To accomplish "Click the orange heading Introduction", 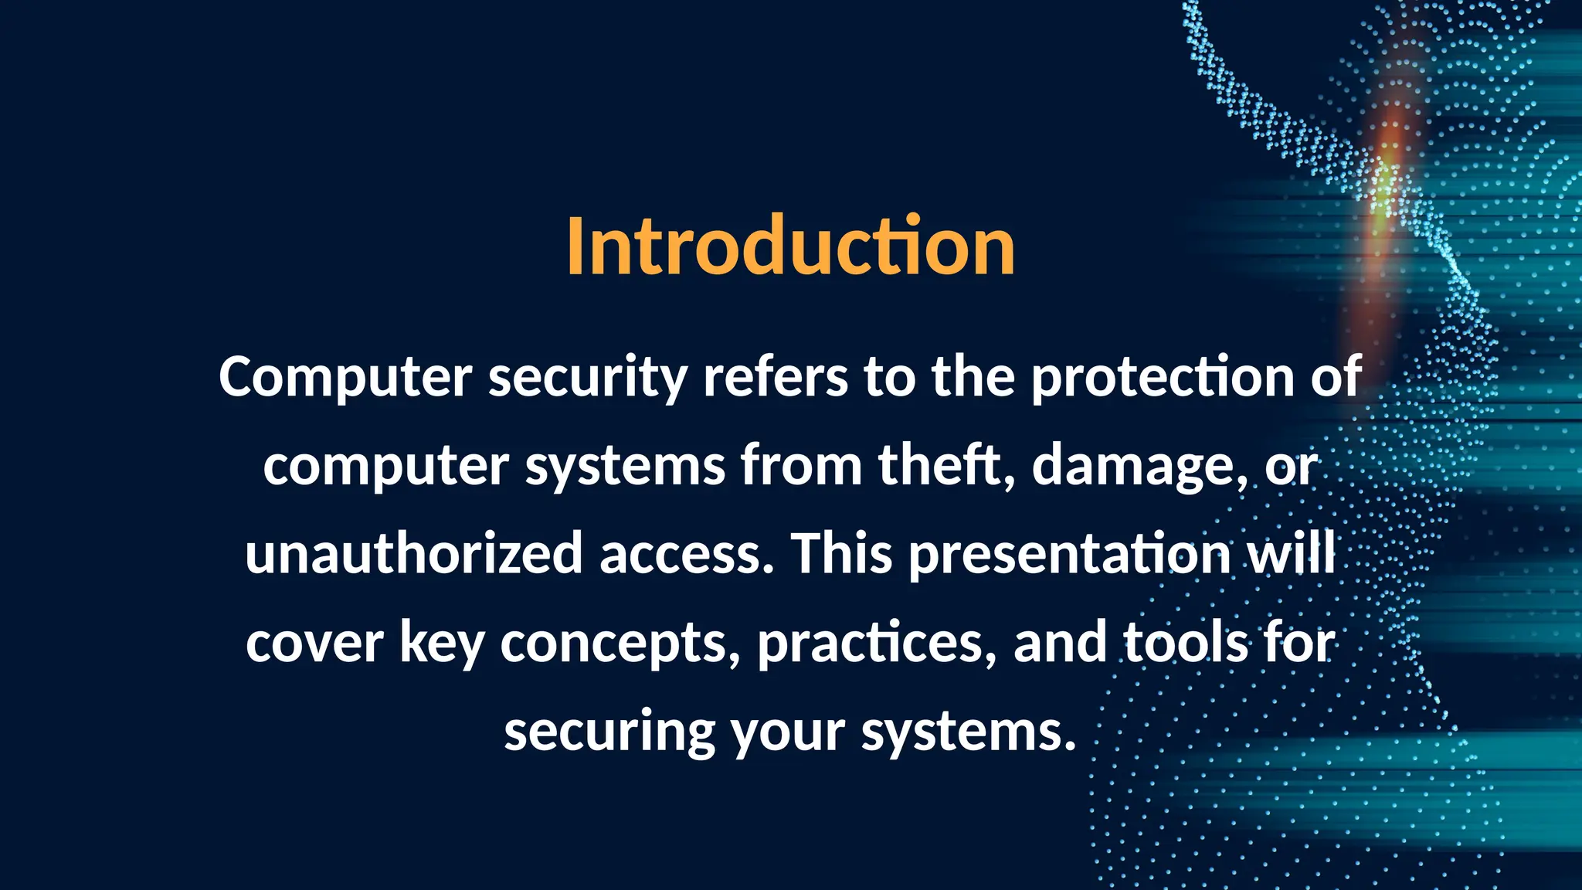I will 790,246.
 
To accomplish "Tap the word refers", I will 775,377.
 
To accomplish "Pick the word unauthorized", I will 413,554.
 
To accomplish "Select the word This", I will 841,554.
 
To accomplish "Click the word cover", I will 314,644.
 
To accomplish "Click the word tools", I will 1185,644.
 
